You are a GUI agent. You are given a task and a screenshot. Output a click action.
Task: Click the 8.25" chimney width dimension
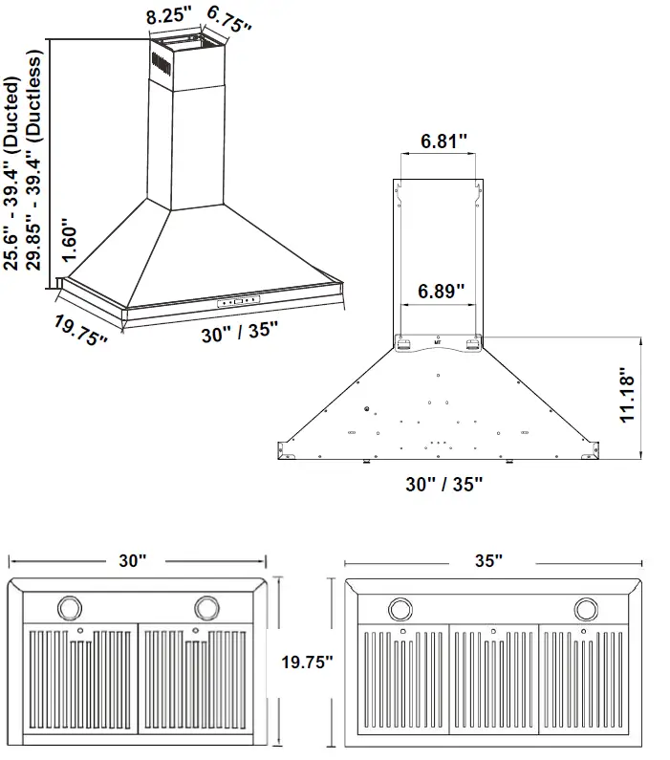click(x=167, y=16)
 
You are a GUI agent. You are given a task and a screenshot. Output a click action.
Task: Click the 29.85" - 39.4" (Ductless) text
click(x=35, y=163)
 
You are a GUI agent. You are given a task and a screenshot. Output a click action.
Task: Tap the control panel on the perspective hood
click(x=239, y=301)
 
